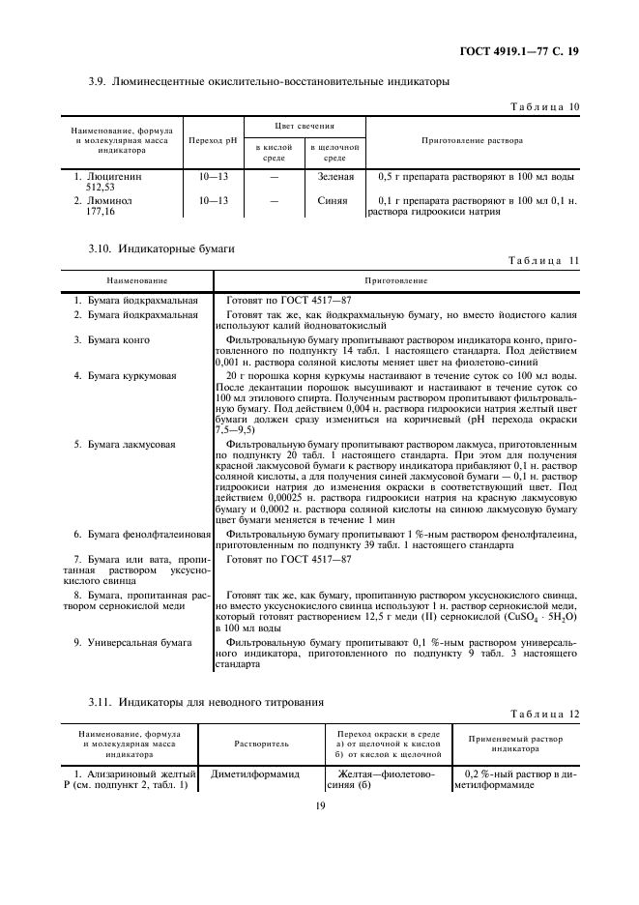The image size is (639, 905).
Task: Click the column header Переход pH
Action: (213, 141)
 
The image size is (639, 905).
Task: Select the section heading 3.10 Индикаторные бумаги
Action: (161, 249)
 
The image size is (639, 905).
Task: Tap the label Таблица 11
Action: (545, 262)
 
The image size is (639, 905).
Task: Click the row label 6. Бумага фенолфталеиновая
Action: (143, 534)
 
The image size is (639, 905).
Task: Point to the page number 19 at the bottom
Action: (319, 803)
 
